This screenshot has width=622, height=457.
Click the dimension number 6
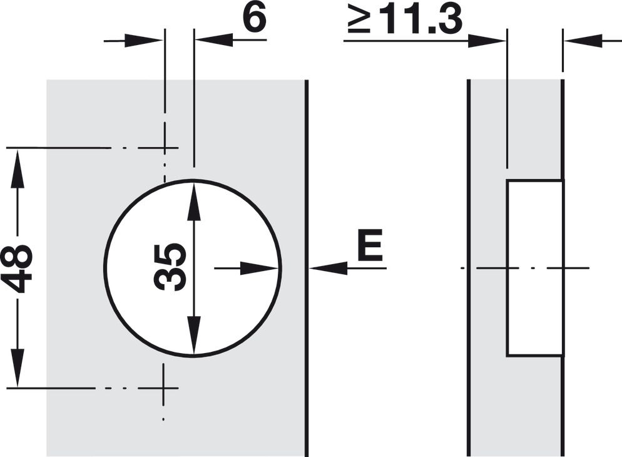[x=255, y=18]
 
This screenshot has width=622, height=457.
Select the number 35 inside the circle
[x=170, y=267]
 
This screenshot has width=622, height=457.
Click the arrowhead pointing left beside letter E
[x=329, y=268]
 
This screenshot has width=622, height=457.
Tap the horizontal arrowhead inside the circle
[x=259, y=268]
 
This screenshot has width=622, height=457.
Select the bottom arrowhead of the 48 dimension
[x=18, y=369]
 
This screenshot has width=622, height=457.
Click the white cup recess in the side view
[x=534, y=268]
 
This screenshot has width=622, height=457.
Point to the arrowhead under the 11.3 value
[x=486, y=41]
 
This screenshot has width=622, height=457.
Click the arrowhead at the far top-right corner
[x=583, y=41]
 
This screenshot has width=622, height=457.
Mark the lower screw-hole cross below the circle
[x=163, y=388]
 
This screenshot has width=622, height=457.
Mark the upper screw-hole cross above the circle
[x=165, y=148]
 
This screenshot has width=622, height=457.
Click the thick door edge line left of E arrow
[x=306, y=268]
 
